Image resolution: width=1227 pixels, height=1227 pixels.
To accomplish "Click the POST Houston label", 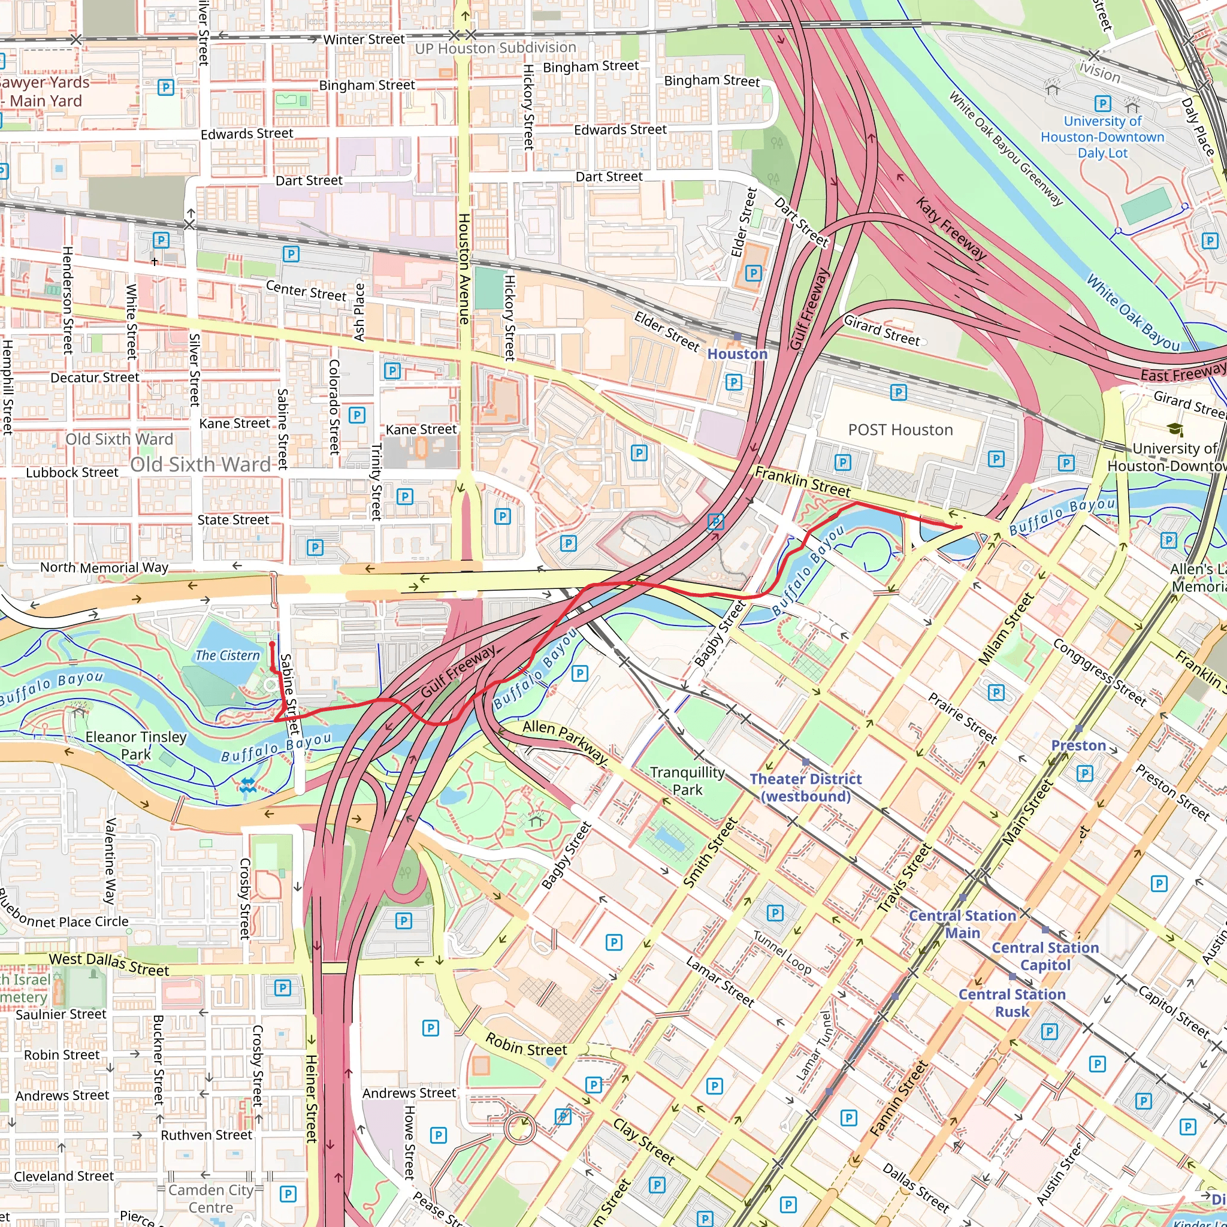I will (x=900, y=430).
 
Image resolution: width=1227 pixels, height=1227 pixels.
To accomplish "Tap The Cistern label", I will (x=227, y=655).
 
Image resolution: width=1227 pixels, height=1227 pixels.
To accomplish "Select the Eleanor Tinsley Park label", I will (x=136, y=745).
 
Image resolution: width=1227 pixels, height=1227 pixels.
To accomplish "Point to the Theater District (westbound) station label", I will (x=805, y=787).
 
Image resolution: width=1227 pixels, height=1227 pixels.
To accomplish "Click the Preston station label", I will (x=1078, y=745).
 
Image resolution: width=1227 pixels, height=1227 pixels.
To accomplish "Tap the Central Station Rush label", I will (x=1012, y=1003).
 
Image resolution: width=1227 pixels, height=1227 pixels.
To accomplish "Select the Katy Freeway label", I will (x=951, y=228).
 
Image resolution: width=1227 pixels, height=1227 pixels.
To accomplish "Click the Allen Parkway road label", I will (x=564, y=741).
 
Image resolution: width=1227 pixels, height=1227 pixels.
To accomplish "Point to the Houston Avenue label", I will (x=464, y=268).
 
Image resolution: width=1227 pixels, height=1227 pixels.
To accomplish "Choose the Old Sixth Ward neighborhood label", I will (x=200, y=464).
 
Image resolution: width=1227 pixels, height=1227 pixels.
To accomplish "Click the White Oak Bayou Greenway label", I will (x=1005, y=148).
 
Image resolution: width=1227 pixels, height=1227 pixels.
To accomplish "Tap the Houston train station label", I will (x=738, y=353).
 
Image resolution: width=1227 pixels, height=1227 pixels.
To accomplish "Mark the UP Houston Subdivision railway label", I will (x=495, y=48).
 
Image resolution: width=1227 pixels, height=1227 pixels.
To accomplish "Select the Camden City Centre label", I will (x=211, y=1198).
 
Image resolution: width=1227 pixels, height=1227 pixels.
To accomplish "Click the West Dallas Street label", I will (x=109, y=964).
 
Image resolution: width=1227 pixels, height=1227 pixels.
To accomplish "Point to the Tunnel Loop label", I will (x=782, y=952).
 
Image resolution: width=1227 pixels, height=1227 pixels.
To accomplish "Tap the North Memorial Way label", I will (x=104, y=567).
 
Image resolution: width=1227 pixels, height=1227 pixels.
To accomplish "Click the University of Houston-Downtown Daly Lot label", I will (x=1102, y=137).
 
